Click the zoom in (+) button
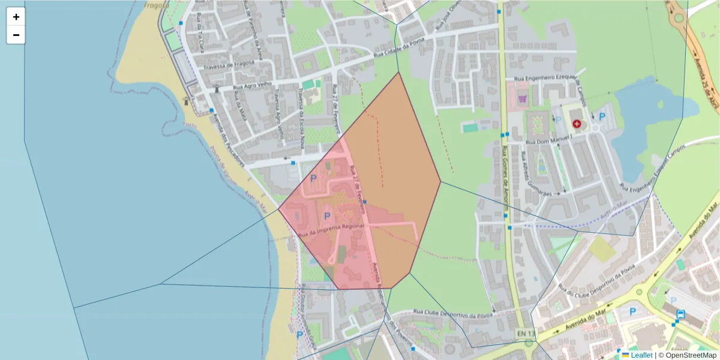tap(16, 17)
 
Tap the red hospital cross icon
tap(577, 124)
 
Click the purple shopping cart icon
tap(521, 99)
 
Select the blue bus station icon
tap(681, 314)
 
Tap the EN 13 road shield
tap(524, 333)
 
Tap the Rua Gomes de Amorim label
tap(506, 180)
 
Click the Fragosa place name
tap(156, 5)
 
